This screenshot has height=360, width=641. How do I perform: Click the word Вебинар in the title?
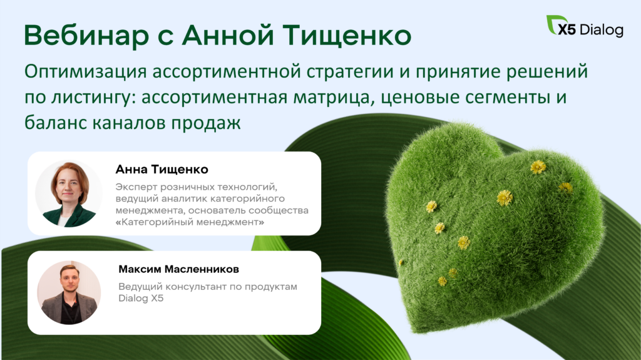(x=86, y=35)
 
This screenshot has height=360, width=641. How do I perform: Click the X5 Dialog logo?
(x=585, y=26)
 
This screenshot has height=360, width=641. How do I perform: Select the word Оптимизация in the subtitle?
(x=85, y=71)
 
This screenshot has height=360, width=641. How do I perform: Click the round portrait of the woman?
(x=69, y=193)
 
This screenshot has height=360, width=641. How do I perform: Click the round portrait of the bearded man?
(x=69, y=292)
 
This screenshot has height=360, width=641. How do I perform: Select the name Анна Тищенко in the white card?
(x=162, y=169)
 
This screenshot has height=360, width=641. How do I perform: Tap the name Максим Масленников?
(x=178, y=269)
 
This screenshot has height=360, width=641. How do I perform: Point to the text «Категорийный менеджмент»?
(x=190, y=222)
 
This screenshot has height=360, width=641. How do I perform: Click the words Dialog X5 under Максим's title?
(x=141, y=298)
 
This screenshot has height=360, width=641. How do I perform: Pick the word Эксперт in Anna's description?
(x=136, y=187)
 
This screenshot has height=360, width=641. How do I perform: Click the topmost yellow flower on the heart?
(x=538, y=167)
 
